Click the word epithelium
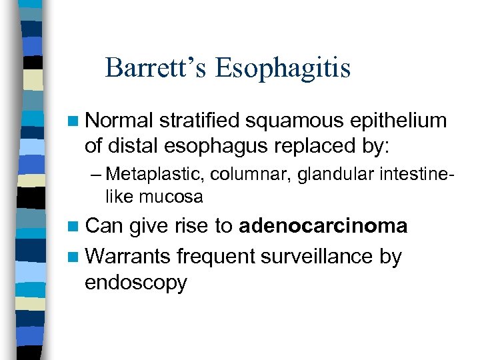pos(395,121)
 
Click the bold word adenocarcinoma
pos(323,227)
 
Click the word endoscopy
pos(136,283)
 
